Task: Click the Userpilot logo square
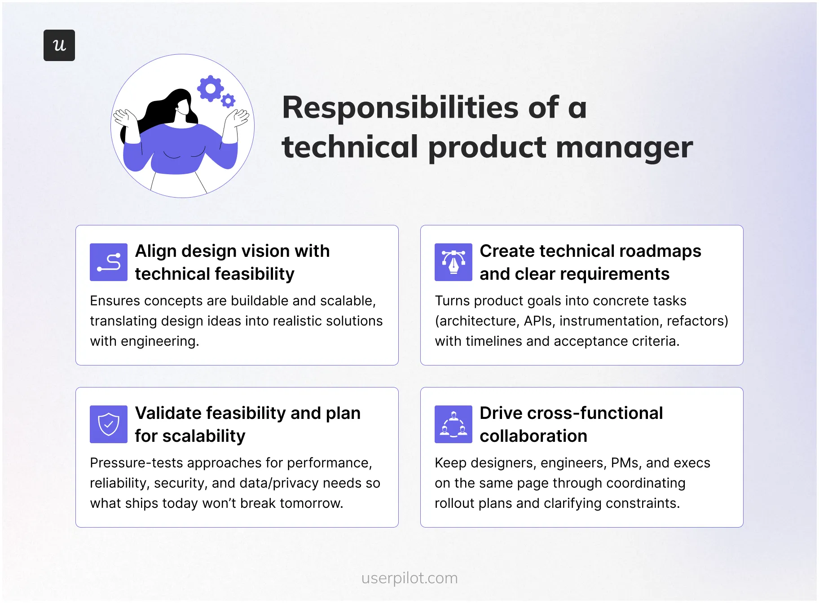pyautogui.click(x=59, y=45)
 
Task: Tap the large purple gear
pyautogui.click(x=210, y=88)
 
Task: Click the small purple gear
pyautogui.click(x=229, y=101)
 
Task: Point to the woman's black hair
pyautogui.click(x=162, y=108)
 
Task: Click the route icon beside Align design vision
pyautogui.click(x=109, y=262)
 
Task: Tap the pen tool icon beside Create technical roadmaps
pyautogui.click(x=454, y=262)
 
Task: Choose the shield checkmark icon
pyautogui.click(x=109, y=424)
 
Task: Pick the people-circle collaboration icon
pyautogui.click(x=454, y=424)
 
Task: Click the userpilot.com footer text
pyautogui.click(x=409, y=578)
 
